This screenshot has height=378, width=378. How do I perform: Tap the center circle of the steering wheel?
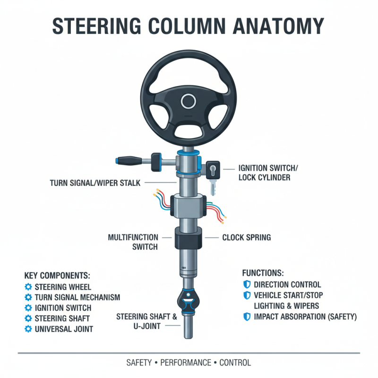189,101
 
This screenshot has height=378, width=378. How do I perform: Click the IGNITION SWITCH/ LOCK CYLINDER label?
268,173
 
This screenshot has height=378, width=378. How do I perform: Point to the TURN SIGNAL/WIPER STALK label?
95,183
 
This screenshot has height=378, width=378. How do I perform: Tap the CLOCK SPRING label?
247,238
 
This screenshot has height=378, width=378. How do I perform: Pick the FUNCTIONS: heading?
263,273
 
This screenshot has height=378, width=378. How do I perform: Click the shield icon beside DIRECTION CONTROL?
246,284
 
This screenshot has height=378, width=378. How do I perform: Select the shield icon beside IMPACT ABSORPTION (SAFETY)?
246,317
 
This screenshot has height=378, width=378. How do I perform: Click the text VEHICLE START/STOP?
290,295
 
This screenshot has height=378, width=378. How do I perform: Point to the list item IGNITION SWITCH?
66,308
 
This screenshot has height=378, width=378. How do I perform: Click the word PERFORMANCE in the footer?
186,363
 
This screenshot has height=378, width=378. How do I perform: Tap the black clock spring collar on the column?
189,239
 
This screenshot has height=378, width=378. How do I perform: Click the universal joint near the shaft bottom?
189,301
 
